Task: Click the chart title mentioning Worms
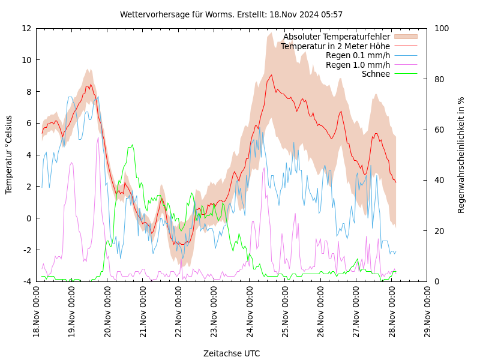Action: point(231,14)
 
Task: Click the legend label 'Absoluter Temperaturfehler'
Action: point(336,37)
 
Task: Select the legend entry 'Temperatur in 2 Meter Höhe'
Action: point(335,46)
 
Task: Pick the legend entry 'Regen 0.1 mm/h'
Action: point(358,56)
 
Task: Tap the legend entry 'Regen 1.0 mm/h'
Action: point(358,65)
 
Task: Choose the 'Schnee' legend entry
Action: point(376,74)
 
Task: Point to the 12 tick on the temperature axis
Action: point(27,28)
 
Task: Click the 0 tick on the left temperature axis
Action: point(29,218)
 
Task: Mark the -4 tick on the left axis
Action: point(27,281)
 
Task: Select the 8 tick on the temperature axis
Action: point(29,92)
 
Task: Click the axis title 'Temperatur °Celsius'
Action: point(9,155)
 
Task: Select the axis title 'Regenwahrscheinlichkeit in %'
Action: point(461,155)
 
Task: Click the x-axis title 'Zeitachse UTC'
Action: point(232,353)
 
